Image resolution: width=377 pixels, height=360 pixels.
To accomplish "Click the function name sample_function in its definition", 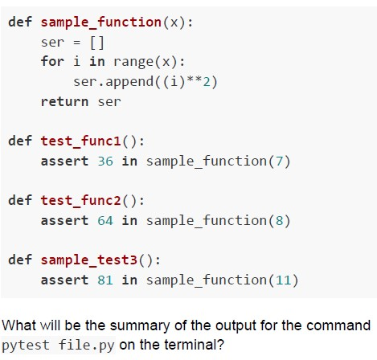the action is click(x=101, y=22).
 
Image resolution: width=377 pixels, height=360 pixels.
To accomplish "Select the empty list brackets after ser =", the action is click(x=97, y=43).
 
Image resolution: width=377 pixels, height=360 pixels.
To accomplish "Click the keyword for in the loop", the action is click(x=52, y=61).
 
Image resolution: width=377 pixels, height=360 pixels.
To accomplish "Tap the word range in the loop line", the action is click(x=133, y=62).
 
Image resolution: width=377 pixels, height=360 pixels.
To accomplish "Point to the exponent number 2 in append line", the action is click(x=207, y=81).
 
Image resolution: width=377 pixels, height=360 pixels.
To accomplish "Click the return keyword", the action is click(x=64, y=101).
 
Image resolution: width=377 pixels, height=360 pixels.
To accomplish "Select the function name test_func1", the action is click(x=81, y=141).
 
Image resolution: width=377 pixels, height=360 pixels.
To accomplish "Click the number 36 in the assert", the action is click(x=105, y=162).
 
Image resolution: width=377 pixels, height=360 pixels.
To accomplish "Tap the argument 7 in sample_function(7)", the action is click(x=279, y=162).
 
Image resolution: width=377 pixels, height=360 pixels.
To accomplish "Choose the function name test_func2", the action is click(x=81, y=200).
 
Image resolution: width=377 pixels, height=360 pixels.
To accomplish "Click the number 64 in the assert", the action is click(x=105, y=221).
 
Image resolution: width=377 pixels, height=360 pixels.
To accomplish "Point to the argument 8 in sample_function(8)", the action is click(x=279, y=221).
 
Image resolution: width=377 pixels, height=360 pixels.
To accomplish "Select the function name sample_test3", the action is click(x=89, y=260).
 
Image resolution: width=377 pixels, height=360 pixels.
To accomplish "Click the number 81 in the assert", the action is click(x=105, y=280).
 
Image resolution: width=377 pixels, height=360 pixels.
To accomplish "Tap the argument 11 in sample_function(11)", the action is click(x=284, y=280).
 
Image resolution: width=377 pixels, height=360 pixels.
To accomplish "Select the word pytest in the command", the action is click(x=26, y=346).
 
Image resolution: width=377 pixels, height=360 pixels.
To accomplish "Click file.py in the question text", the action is click(x=86, y=346).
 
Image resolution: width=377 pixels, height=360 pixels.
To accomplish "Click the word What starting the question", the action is click(x=19, y=325).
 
